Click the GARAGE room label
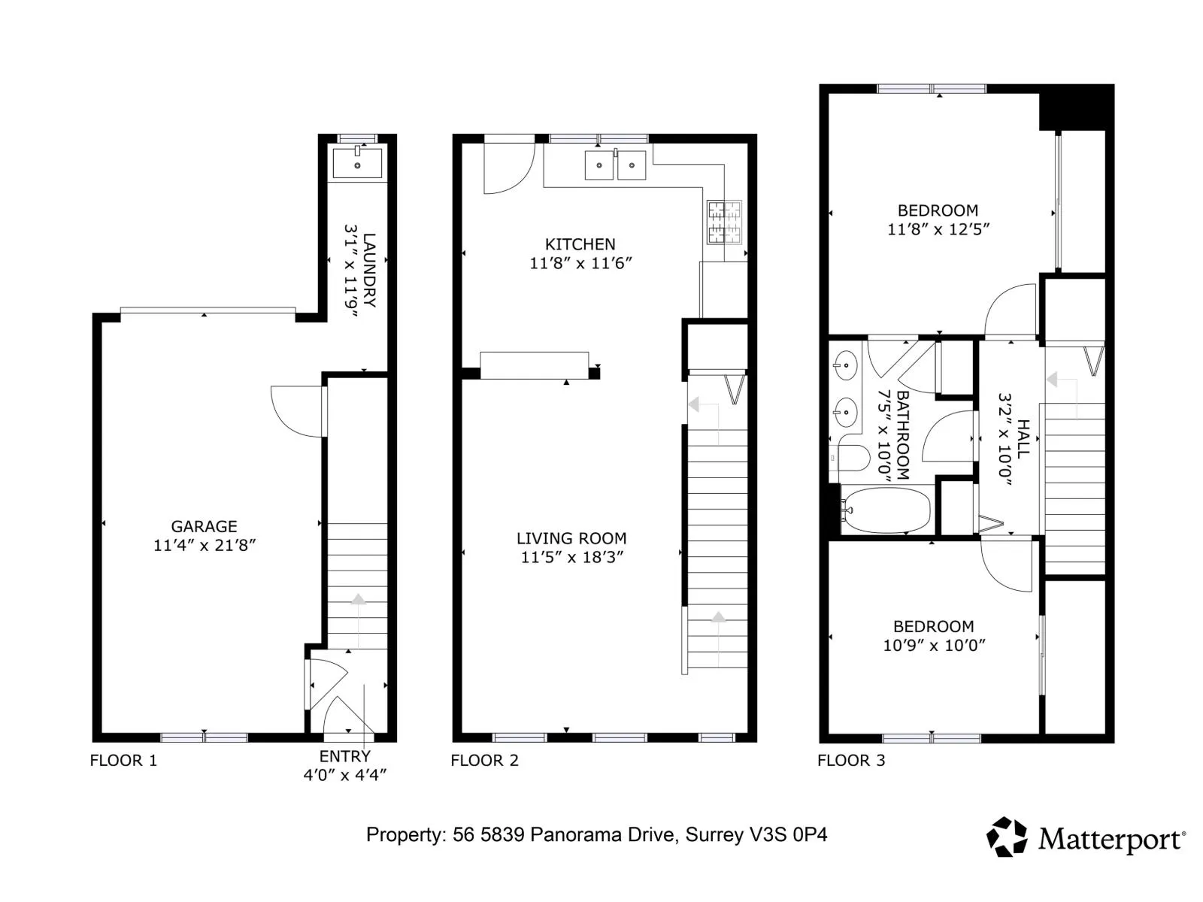click(x=204, y=526)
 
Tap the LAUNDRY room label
click(x=369, y=269)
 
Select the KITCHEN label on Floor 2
click(x=580, y=244)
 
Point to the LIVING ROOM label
click(x=571, y=538)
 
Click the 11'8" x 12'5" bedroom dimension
click(x=938, y=229)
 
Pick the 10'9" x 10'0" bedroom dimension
click(x=933, y=645)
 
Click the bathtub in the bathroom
click(x=887, y=510)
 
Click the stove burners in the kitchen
click(x=724, y=222)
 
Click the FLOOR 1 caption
click(x=123, y=760)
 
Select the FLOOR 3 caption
click(x=850, y=760)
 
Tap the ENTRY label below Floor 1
click(x=344, y=756)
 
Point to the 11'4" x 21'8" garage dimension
click(x=205, y=545)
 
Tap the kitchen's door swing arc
click(x=520, y=179)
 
